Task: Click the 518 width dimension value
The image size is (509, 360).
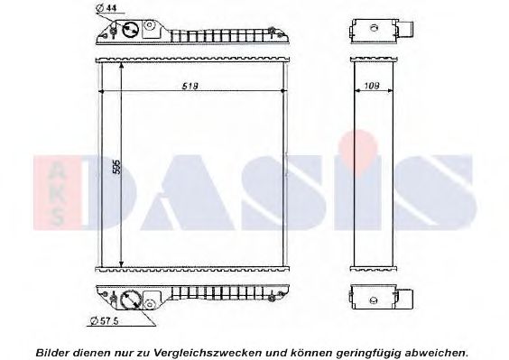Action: tap(189, 86)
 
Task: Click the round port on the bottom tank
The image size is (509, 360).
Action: tap(130, 299)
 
